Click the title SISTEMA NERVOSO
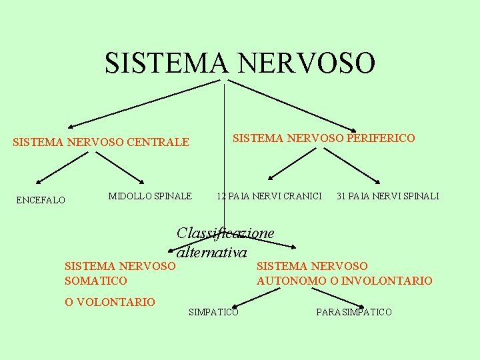pyautogui.click(x=240, y=63)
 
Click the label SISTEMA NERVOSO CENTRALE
pyautogui.click(x=101, y=142)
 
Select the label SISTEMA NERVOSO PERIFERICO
pyautogui.click(x=323, y=138)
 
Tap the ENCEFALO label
pyautogui.click(x=41, y=200)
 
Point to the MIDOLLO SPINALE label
pyautogui.click(x=150, y=196)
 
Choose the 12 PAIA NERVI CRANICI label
pyautogui.click(x=269, y=196)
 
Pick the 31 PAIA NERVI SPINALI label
pyautogui.click(x=388, y=196)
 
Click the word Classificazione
pyautogui.click(x=225, y=233)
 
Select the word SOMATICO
pyautogui.click(x=95, y=281)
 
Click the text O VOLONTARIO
pyautogui.click(x=110, y=302)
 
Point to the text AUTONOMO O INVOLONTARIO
pyautogui.click(x=345, y=281)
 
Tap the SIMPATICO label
pyautogui.click(x=213, y=312)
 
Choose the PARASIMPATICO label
pyautogui.click(x=354, y=312)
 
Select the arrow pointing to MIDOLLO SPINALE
pyautogui.click(x=120, y=167)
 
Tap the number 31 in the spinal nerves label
pyautogui.click(x=342, y=196)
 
